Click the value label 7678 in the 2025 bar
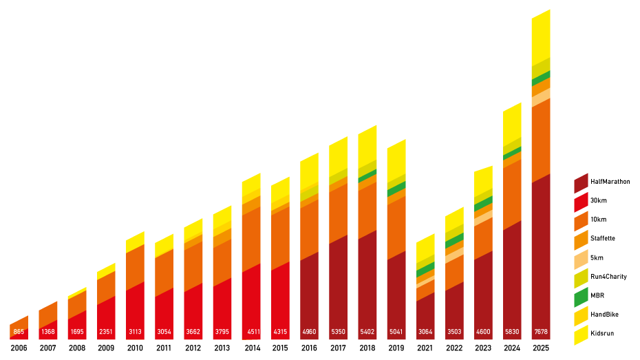[x=541, y=331]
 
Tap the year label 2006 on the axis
[x=19, y=348]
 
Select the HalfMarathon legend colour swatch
[x=581, y=184]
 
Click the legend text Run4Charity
[x=609, y=276]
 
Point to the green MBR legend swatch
[x=581, y=297]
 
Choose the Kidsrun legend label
[x=603, y=333]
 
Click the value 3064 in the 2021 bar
[x=425, y=331]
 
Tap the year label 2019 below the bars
[x=396, y=348]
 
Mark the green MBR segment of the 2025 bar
[x=541, y=75]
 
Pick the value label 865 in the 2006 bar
[x=19, y=331]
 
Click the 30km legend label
[x=599, y=200]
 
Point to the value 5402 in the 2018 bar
[x=367, y=331]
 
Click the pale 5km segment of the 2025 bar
[x=541, y=97]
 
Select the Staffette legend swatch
[x=581, y=240]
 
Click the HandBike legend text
[x=604, y=314]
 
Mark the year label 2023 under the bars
[x=483, y=348]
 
